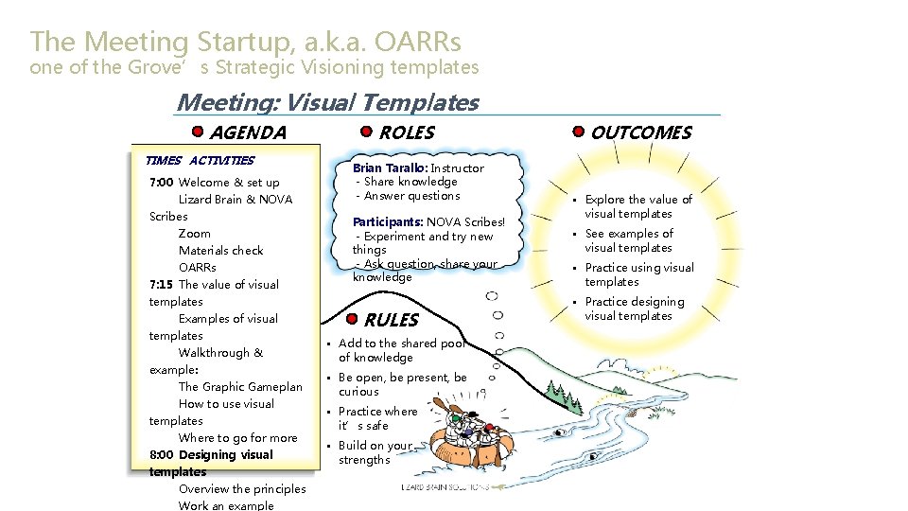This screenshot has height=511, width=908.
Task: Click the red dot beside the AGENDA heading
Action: point(197,132)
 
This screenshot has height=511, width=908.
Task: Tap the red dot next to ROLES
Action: point(366,132)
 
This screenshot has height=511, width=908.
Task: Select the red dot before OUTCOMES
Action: point(578,132)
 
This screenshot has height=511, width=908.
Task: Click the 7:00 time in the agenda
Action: point(162,183)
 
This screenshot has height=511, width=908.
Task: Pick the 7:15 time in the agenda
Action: point(162,285)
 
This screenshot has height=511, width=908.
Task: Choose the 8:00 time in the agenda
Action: point(162,455)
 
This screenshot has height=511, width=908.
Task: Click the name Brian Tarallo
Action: point(390,168)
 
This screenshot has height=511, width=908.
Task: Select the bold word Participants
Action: point(388,222)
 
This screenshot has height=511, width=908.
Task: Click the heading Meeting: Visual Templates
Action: point(327,102)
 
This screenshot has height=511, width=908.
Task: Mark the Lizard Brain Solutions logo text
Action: point(445,487)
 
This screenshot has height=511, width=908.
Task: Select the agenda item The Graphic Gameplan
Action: point(240,387)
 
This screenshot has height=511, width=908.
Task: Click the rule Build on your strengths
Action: point(375,452)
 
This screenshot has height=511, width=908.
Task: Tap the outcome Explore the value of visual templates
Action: point(637,206)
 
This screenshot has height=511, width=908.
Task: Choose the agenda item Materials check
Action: point(220,251)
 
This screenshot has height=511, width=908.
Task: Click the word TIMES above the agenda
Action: point(163,161)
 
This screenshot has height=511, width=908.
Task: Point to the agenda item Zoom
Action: point(194,234)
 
